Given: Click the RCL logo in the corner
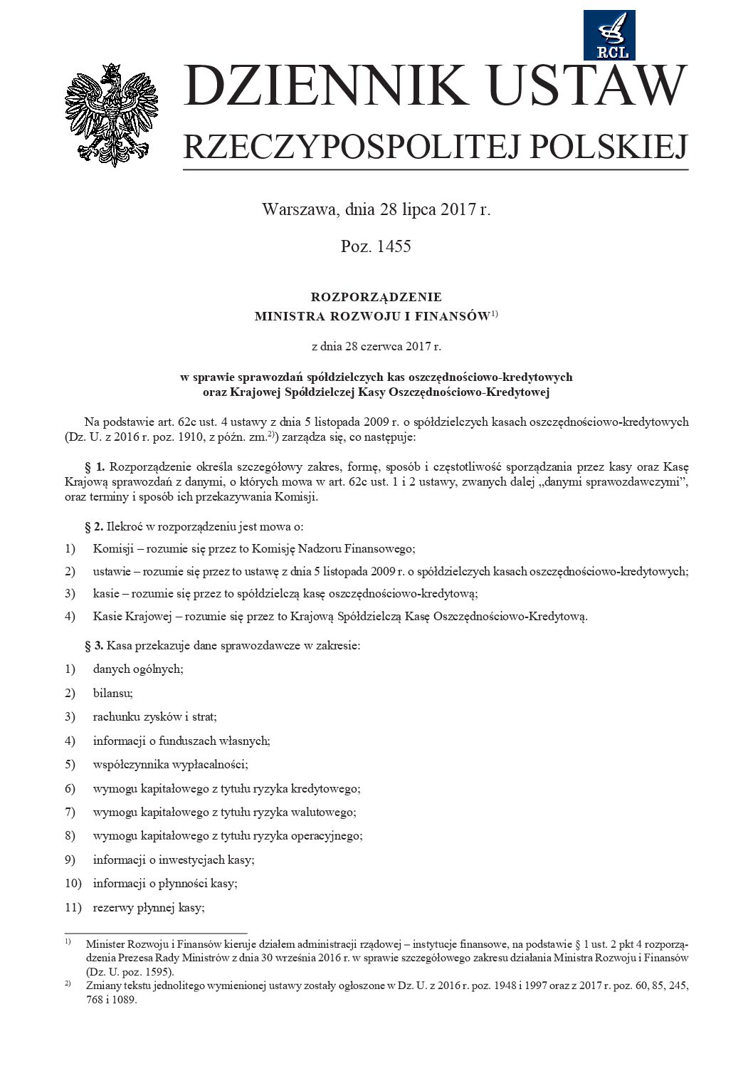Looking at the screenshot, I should pos(609,35).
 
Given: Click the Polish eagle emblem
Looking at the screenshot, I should pos(112,115).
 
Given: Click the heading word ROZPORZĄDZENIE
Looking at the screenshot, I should pos(376,297).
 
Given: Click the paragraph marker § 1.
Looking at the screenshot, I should pos(95,467).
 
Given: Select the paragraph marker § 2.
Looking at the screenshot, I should pos(95,526).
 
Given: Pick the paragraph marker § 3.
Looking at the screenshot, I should pos(95,646).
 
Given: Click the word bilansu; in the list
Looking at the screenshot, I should pos(112,693).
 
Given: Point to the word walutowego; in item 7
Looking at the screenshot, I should pos(324,812).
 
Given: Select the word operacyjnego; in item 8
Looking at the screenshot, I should pos(327,835).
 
